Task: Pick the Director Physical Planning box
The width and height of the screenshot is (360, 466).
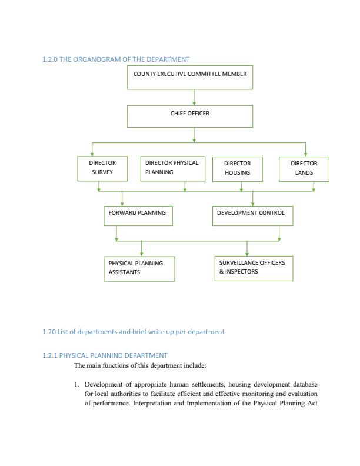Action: pos(173,168)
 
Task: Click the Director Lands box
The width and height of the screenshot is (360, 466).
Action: pos(304,168)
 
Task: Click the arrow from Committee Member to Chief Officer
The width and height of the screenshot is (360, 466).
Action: pos(194,98)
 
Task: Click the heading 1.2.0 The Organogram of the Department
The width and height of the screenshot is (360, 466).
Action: pos(115,59)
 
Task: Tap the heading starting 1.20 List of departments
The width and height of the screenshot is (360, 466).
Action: pos(133,332)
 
